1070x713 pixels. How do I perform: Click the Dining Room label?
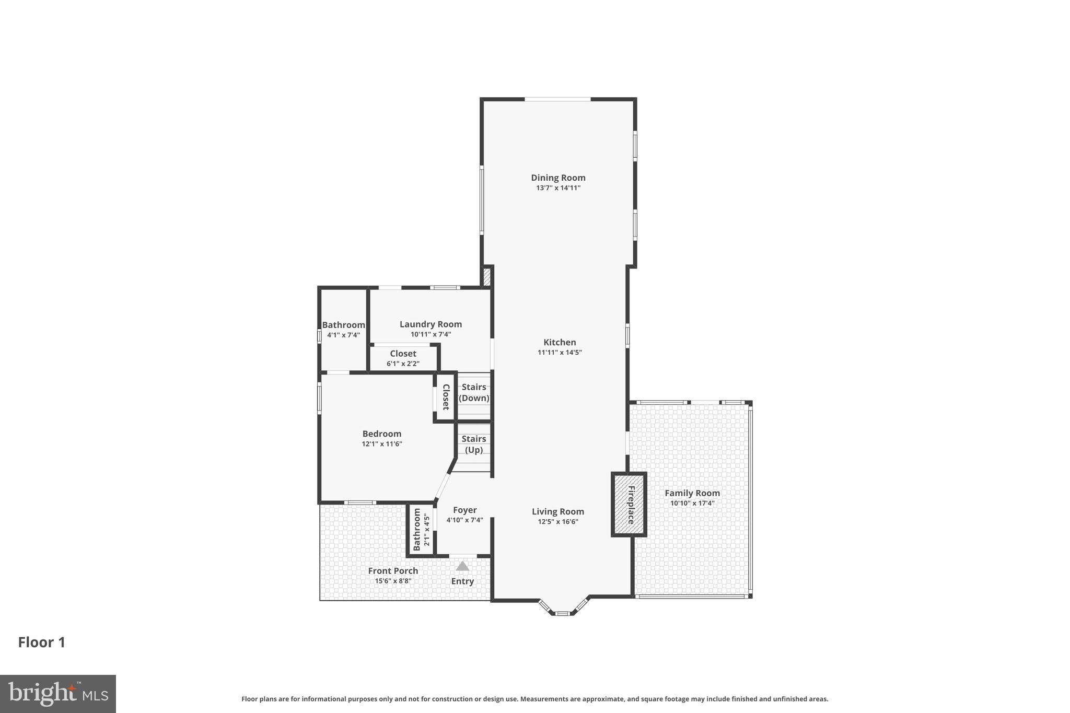click(x=558, y=178)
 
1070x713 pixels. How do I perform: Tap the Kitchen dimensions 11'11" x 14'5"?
click(x=560, y=353)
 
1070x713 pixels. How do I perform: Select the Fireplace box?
click(x=629, y=505)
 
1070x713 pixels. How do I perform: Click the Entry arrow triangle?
click(x=462, y=566)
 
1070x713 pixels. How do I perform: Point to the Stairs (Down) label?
click(x=474, y=392)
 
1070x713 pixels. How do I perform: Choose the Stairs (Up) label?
click(x=474, y=444)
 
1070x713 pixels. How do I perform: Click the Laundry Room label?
click(x=431, y=324)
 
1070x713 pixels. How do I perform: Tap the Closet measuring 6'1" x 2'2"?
click(x=403, y=358)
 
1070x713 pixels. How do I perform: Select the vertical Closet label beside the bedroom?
click(x=446, y=397)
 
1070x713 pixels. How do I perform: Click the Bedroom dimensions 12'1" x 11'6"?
click(x=382, y=444)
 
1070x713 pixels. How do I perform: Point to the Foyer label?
click(x=464, y=510)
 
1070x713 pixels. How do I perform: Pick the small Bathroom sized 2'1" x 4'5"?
click(x=421, y=530)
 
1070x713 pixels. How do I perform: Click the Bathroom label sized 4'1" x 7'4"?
click(x=343, y=325)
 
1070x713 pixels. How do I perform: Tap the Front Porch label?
click(x=393, y=571)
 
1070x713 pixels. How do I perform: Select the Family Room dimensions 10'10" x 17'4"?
click(x=692, y=504)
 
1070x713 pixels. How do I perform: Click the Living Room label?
click(x=558, y=512)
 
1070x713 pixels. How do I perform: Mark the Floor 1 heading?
click(x=42, y=642)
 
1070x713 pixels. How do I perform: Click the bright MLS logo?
click(x=58, y=694)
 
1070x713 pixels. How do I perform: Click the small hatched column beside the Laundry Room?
click(x=486, y=277)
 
